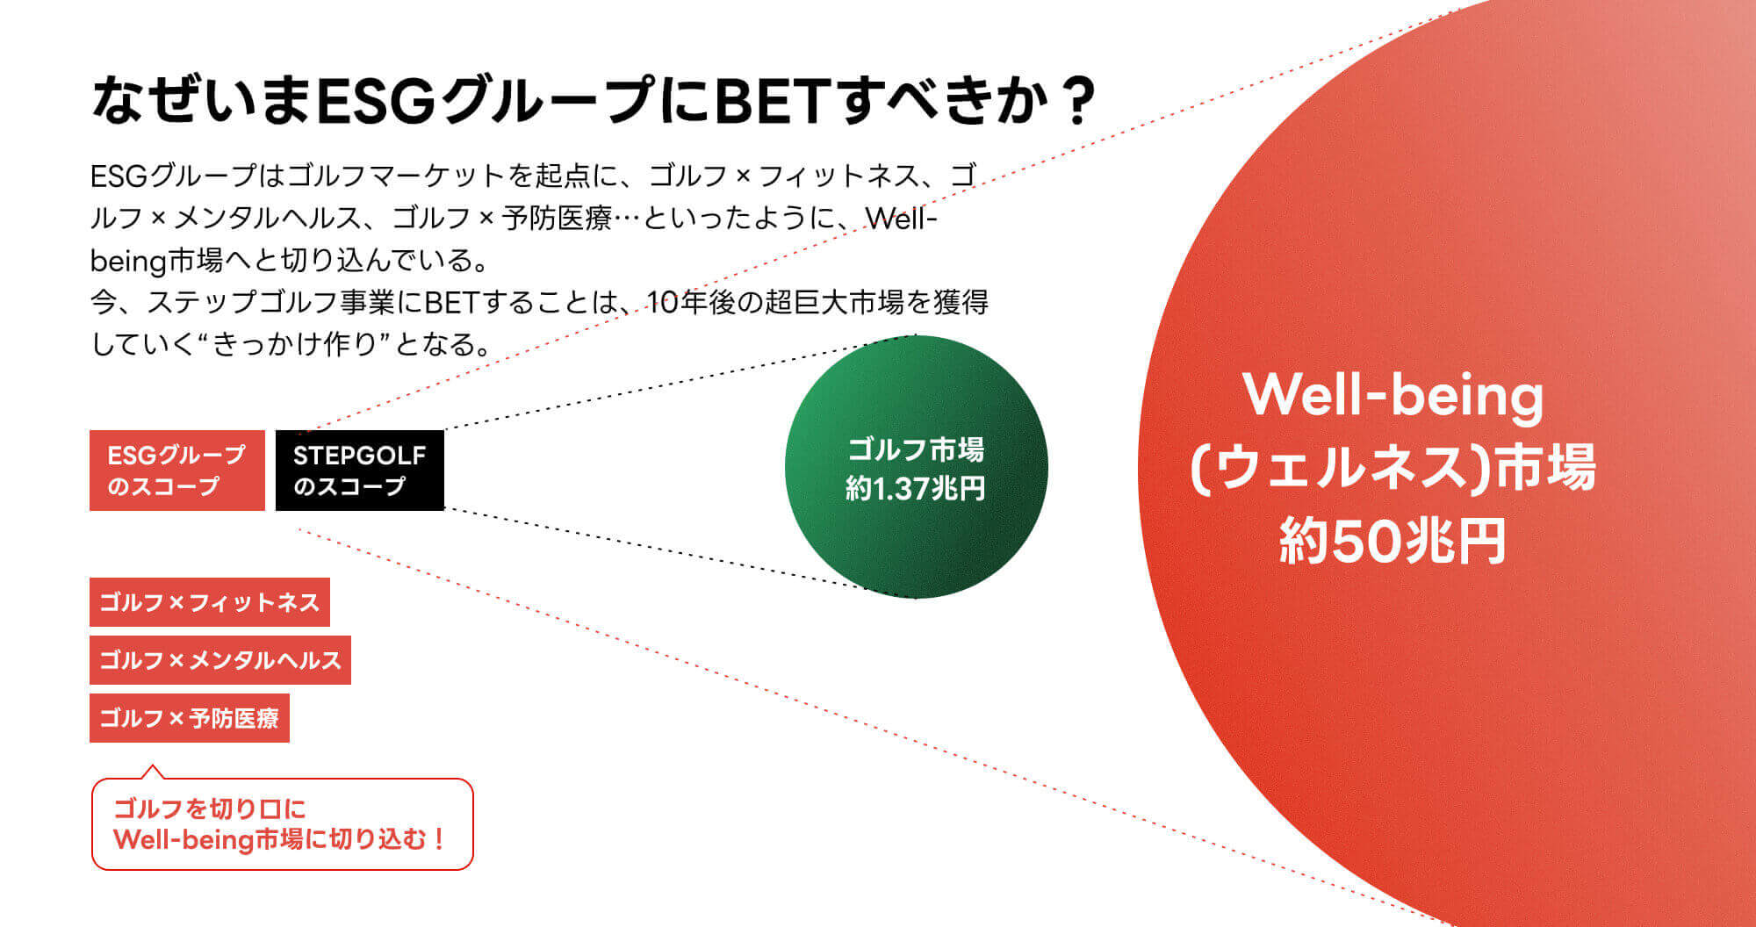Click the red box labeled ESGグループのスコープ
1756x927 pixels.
[176, 470]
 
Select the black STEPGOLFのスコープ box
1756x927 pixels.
[359, 470]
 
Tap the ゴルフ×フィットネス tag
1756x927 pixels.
[209, 602]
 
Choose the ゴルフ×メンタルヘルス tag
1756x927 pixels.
[219, 660]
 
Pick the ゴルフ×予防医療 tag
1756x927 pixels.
[189, 718]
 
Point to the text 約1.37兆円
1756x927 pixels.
[915, 488]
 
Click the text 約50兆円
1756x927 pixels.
[1393, 541]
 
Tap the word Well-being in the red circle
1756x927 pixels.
[1393, 395]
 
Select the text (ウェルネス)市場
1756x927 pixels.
[1393, 467]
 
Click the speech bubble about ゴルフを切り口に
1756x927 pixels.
[282, 824]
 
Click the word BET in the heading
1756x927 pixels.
[770, 102]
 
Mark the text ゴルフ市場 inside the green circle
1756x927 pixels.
[915, 450]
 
